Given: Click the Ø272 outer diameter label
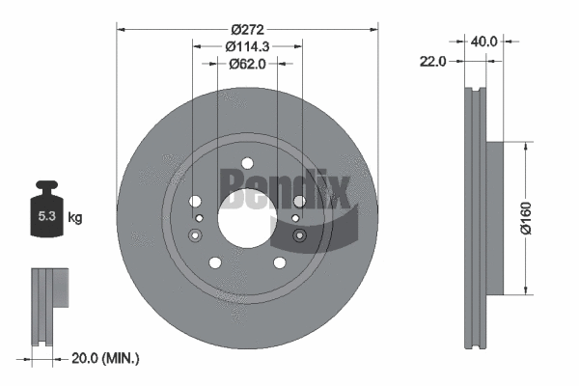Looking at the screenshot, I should point(247,28).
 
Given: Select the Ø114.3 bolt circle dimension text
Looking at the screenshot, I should point(247,46).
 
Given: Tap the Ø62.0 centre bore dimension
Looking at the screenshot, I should point(247,65).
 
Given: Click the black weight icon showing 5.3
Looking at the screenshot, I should point(47,214).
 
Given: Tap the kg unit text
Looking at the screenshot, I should point(75,218).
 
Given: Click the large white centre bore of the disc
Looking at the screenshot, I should point(247,218).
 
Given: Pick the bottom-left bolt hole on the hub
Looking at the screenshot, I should point(216,262).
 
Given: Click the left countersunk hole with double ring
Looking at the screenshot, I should point(196,236).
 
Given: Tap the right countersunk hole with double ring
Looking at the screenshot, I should point(298,236).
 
